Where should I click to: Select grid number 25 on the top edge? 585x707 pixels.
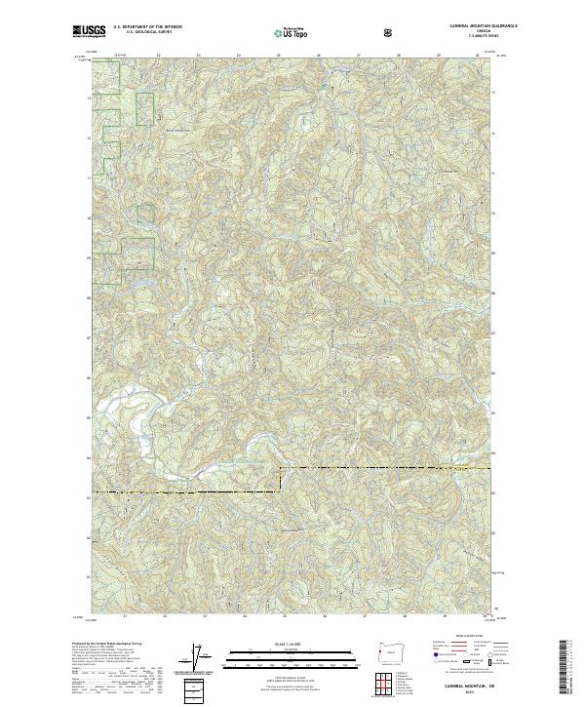(279, 56)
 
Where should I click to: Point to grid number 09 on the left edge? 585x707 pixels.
(90, 258)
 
